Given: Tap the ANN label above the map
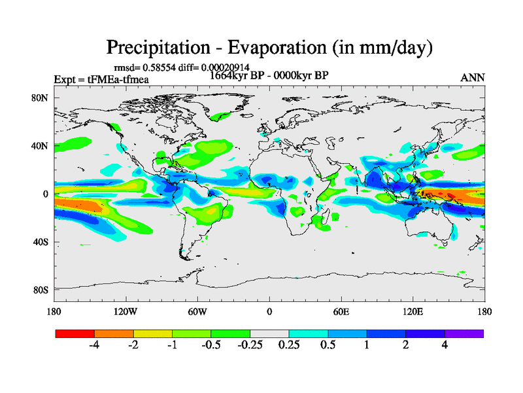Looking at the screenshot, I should [x=473, y=77].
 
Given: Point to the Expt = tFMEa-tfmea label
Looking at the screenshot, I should [x=101, y=79].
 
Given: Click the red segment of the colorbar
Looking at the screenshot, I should [x=75, y=333].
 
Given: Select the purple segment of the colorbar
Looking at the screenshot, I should [x=464, y=333].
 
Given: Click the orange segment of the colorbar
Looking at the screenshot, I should [x=114, y=333].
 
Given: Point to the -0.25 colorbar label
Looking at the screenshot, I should [x=250, y=346].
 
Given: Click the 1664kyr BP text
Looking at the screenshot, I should [x=239, y=75].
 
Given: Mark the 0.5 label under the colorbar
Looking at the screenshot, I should [x=328, y=346].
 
